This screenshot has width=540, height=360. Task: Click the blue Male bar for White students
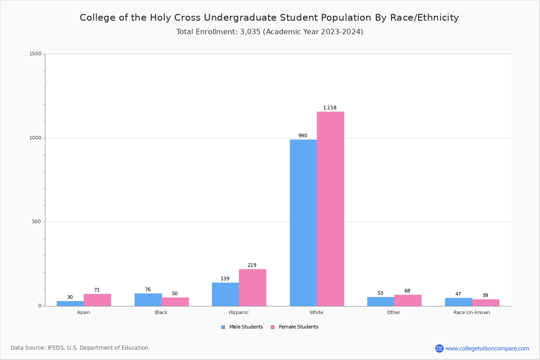303,223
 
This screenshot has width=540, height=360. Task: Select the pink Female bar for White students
330,209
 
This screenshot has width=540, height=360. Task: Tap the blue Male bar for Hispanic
225,294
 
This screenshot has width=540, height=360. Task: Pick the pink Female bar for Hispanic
252,288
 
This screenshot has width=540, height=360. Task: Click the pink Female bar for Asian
97,300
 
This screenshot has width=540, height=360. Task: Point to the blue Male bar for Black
148,300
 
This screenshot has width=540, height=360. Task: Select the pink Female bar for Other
408,300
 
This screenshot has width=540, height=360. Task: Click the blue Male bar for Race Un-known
459,302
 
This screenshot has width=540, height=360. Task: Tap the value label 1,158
330,108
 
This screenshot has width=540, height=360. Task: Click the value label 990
303,136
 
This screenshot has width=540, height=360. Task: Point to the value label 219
252,265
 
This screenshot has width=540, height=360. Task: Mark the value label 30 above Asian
70,297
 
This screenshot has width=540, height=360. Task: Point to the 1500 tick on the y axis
36,54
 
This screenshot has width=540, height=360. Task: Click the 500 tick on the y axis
37,222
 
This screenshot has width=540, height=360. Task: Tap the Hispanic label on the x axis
238,312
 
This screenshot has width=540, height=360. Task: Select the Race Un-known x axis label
472,312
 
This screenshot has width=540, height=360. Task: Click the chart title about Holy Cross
269,18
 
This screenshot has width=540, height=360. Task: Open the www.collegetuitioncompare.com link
487,348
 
